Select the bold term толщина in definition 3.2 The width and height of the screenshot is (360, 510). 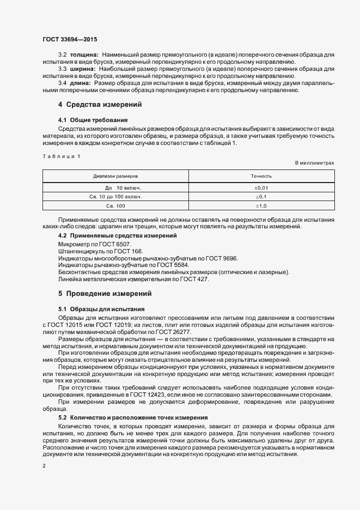[83, 56]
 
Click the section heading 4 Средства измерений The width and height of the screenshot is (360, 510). [100, 105]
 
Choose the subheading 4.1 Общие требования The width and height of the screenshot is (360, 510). [93, 119]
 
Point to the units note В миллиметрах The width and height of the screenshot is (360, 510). [314, 163]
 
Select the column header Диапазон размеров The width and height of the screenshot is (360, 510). [115, 177]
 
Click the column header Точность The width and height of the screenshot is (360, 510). [261, 177]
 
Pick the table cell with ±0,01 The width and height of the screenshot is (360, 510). [261, 187]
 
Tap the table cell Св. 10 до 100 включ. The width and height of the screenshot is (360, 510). [115, 196]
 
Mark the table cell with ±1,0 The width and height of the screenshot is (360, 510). [261, 205]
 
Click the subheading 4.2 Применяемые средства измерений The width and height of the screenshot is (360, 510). [117, 235]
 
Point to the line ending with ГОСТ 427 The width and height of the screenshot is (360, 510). [133, 280]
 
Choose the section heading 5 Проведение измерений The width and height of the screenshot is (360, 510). [105, 294]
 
